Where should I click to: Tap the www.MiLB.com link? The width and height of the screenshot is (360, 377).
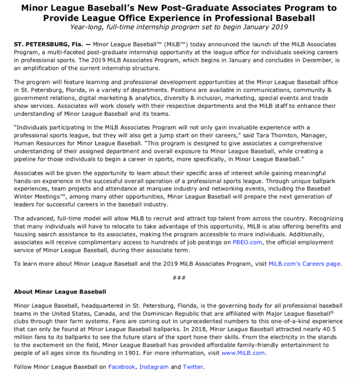(x=243, y=353)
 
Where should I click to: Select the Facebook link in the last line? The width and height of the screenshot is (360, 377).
(x=121, y=367)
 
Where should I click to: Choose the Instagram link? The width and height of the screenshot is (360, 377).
(x=154, y=367)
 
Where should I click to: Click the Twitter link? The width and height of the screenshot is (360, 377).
(x=192, y=367)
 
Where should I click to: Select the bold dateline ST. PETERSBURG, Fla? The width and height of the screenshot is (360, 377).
(x=47, y=45)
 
